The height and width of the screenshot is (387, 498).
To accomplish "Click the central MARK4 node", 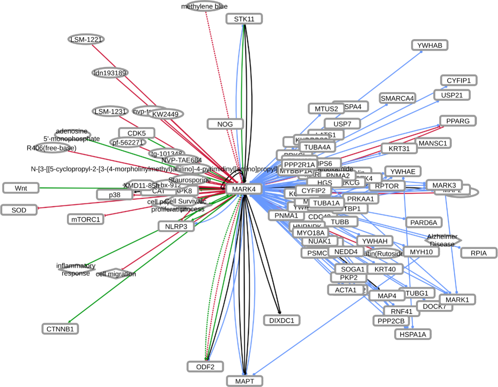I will pyautogui.click(x=244, y=189).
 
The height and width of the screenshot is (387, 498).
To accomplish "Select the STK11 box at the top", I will pyautogui.click(x=244, y=19).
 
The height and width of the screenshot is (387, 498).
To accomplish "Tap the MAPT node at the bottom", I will pyautogui.click(x=244, y=381).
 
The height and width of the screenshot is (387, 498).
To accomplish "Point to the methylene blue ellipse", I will pyautogui.click(x=204, y=6).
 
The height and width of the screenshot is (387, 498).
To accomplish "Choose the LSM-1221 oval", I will pyautogui.click(x=86, y=39).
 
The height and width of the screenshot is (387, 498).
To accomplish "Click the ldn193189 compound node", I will pyautogui.click(x=110, y=73).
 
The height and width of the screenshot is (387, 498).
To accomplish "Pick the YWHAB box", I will pyautogui.click(x=430, y=45).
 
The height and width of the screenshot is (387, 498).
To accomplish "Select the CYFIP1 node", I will pyautogui.click(x=459, y=80).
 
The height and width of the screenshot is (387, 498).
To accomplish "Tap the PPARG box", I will pyautogui.click(x=457, y=121).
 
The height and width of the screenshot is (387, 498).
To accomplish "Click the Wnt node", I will pyautogui.click(x=21, y=188).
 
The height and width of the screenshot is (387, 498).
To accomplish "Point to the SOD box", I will pyautogui.click(x=19, y=210).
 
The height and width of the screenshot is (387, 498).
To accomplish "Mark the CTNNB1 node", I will pyautogui.click(x=60, y=329).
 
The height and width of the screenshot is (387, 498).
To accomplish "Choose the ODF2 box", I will pyautogui.click(x=205, y=367).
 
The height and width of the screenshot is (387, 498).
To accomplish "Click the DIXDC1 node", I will pyautogui.click(x=282, y=320).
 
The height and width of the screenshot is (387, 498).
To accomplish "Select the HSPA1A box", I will pyautogui.click(x=413, y=334).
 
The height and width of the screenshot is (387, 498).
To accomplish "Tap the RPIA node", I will pyautogui.click(x=478, y=253).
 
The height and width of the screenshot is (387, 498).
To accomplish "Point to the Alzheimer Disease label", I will pyautogui.click(x=442, y=240).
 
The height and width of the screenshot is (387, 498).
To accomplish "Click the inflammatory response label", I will pyautogui.click(x=76, y=269).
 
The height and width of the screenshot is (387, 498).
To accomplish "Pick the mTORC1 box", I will pyautogui.click(x=86, y=219).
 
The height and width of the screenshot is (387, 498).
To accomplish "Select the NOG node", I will pyautogui.click(x=225, y=124).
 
